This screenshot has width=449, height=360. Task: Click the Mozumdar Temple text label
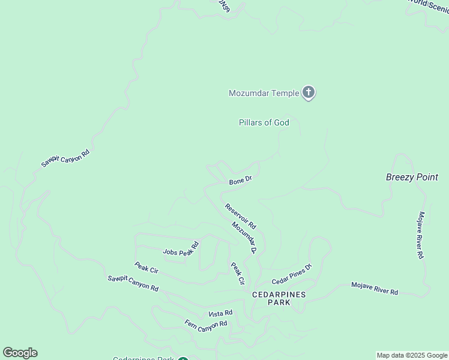pyautogui.click(x=264, y=93)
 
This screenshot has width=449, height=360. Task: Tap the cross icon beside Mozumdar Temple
pyautogui.click(x=309, y=92)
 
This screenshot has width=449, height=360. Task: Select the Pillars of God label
pyautogui.click(x=264, y=122)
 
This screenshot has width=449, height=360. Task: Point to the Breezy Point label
pyautogui.click(x=412, y=178)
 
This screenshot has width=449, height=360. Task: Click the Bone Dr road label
pyautogui.click(x=240, y=180)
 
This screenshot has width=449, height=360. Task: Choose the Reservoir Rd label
pyautogui.click(x=241, y=217)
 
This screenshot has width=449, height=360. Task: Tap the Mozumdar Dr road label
pyautogui.click(x=244, y=238)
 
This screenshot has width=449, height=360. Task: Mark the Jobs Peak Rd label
pyautogui.click(x=180, y=248)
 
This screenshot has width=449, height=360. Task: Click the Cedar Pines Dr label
pyautogui.click(x=292, y=274)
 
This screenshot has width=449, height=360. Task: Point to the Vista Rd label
pyautogui.click(x=220, y=314)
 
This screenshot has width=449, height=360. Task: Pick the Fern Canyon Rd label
pyautogui.click(x=206, y=324)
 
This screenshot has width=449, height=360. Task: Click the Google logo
pyautogui.click(x=20, y=353)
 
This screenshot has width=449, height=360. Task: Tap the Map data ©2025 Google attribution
pyautogui.click(x=412, y=355)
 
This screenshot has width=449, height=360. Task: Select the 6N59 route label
pyautogui.click(x=223, y=7)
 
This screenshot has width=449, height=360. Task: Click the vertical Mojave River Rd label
pyautogui.click(x=421, y=235)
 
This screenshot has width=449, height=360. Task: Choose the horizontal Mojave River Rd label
pyautogui.click(x=375, y=288)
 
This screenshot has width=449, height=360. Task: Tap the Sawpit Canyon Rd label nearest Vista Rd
pyautogui.click(x=133, y=283)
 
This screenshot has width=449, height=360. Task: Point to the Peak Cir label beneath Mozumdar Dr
pyautogui.click(x=238, y=273)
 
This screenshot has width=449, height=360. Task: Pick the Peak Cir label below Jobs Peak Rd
pyautogui.click(x=146, y=267)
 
